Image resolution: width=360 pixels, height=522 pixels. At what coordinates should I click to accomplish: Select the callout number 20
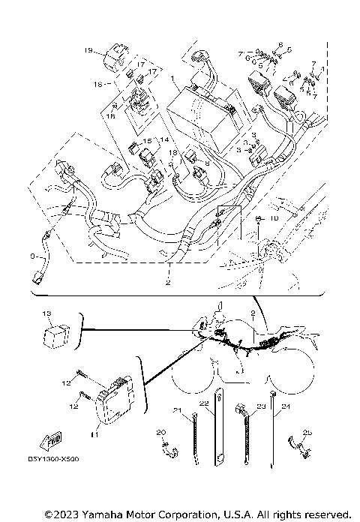[160, 432]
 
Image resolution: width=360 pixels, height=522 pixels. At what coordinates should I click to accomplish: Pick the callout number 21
[178, 409]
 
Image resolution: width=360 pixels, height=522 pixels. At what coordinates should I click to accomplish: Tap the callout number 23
[262, 405]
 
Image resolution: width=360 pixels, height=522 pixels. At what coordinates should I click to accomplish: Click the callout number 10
[274, 218]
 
